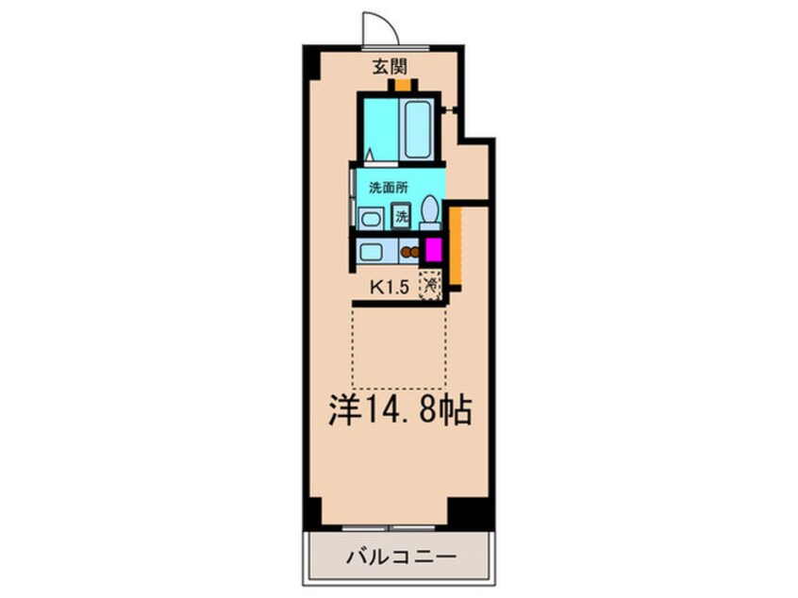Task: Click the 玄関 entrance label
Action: pos(390,67)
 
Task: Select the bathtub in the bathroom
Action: pos(417,129)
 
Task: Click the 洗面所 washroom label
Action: pos(389,188)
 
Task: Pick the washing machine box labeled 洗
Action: pos(402,216)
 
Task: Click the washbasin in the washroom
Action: pos(369,220)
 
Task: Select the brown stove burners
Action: pos(408,252)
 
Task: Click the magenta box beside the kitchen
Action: pos(433,250)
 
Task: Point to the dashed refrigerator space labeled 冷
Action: pos(430,285)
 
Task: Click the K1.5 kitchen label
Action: pos(390,288)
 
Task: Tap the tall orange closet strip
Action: pos(455,246)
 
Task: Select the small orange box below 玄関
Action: pos(403,85)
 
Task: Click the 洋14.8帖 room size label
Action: pos(399,409)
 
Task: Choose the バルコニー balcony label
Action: pos(401,556)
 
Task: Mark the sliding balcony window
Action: pos(389,528)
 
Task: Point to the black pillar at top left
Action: pos(311,62)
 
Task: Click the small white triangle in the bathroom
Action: pos(370,154)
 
